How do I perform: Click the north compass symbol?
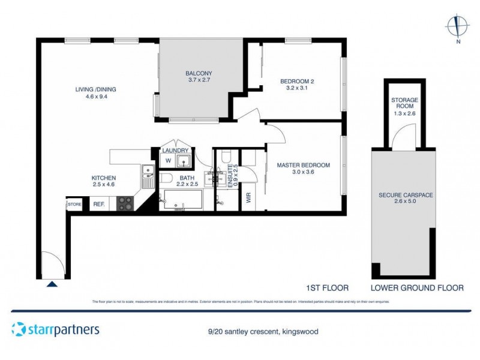(458, 28)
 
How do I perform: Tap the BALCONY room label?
(199, 74)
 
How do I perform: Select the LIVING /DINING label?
(95, 90)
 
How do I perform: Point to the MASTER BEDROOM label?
(303, 165)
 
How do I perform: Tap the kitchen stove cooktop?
(124, 203)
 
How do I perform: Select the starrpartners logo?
(55, 329)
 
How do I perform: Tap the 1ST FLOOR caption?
(328, 288)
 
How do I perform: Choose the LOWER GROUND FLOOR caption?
(417, 288)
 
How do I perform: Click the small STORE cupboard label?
(74, 205)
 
